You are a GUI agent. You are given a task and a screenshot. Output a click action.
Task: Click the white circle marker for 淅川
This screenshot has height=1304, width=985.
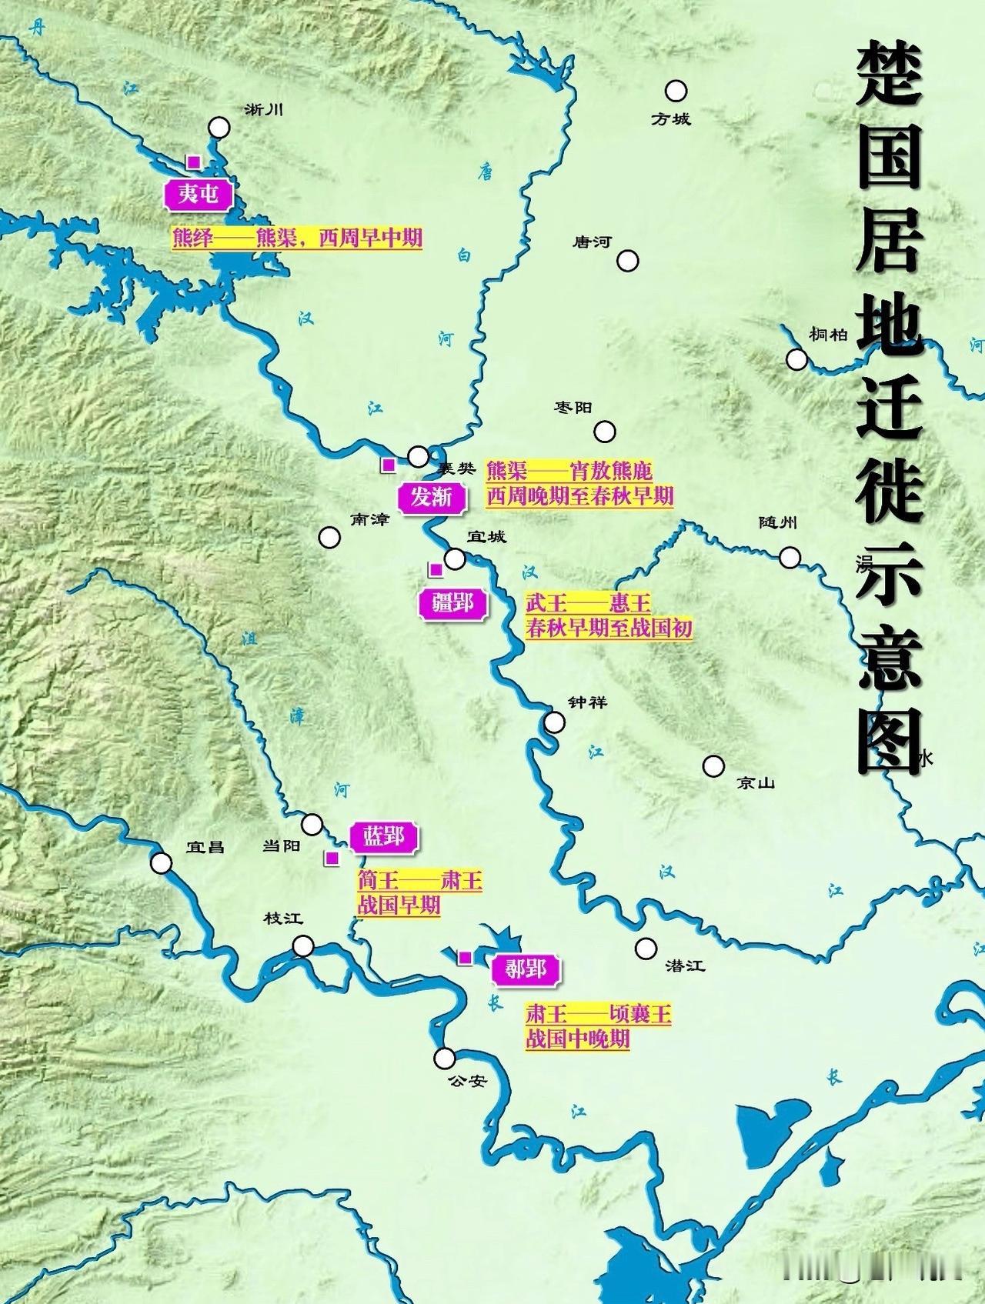[x=219, y=128]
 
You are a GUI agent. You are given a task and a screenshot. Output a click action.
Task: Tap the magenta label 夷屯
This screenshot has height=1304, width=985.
[x=199, y=194]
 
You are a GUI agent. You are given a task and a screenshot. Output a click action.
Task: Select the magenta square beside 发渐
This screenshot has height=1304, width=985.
[x=389, y=465]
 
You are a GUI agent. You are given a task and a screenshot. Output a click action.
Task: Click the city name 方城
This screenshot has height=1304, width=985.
[x=670, y=119]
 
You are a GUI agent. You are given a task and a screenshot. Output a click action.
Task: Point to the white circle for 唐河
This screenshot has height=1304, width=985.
[x=628, y=261]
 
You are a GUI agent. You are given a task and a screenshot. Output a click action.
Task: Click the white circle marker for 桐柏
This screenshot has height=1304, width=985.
[x=796, y=359]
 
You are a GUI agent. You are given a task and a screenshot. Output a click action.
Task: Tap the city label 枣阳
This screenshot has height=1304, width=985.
[x=573, y=408]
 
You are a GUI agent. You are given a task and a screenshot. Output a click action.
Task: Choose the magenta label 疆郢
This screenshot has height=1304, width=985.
[x=452, y=603]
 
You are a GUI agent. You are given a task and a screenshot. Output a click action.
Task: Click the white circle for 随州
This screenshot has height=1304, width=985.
[x=790, y=557]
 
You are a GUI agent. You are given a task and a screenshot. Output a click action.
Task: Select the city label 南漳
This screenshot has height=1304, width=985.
[x=370, y=520]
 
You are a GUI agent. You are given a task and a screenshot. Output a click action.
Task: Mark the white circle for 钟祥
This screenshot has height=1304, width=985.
[x=554, y=722]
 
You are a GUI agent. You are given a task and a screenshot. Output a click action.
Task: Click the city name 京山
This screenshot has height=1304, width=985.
[x=755, y=783]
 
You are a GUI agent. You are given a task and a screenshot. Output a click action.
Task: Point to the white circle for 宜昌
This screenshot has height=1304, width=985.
[x=161, y=863]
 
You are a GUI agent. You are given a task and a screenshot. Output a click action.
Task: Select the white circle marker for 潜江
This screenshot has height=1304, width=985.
[x=646, y=948]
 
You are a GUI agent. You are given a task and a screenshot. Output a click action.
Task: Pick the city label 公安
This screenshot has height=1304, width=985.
[x=467, y=1081]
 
